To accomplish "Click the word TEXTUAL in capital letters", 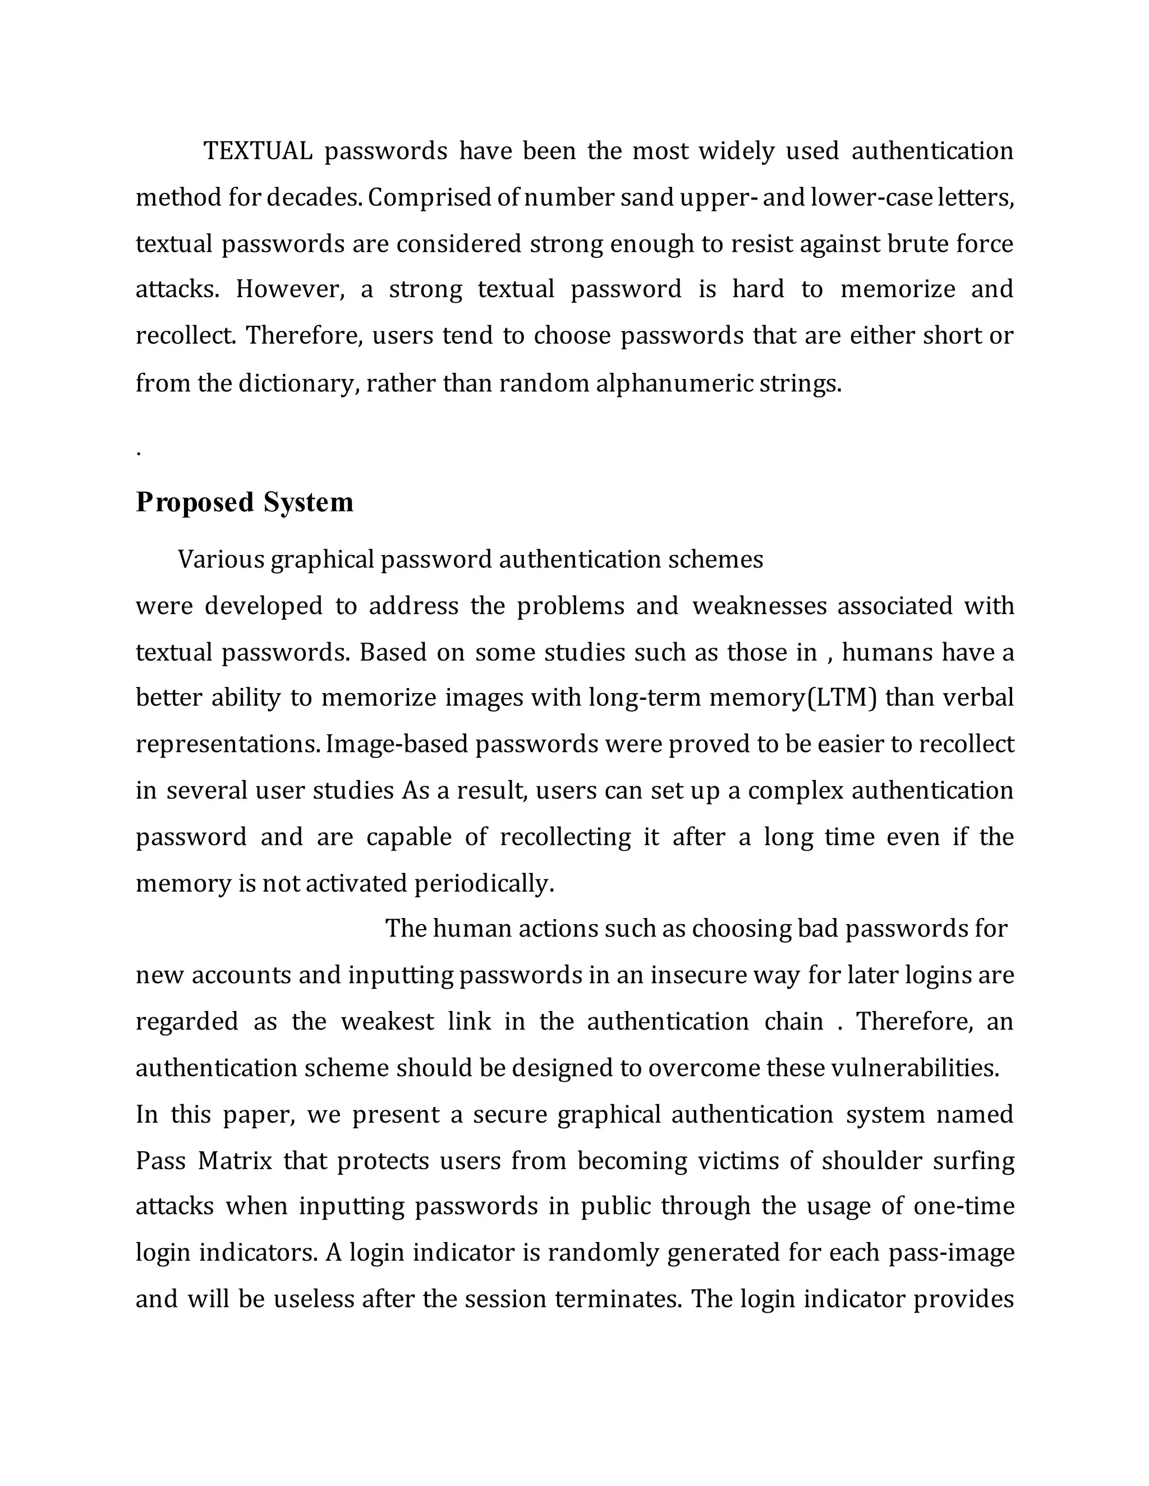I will [258, 151].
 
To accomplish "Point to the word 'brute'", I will [917, 243].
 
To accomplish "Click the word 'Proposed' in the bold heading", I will [195, 502].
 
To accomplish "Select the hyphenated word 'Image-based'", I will [397, 744].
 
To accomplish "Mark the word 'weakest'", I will [387, 1022].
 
